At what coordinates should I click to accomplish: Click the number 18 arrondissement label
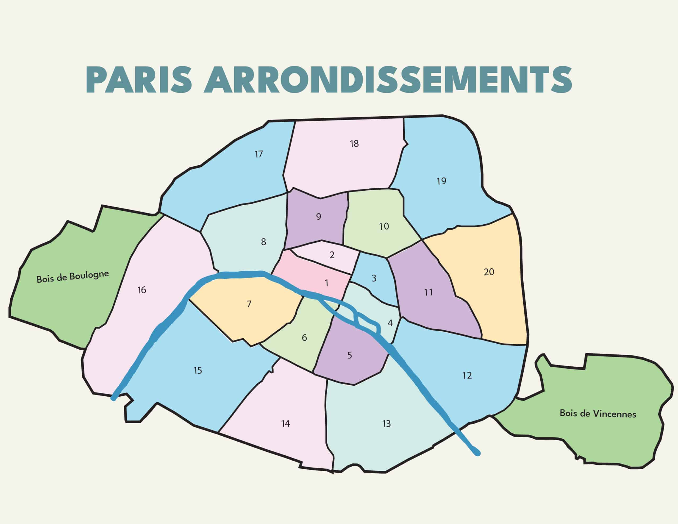click(x=354, y=144)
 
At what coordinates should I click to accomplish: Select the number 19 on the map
click(x=441, y=181)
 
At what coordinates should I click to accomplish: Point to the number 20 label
click(x=489, y=272)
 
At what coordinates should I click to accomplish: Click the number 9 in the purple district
click(x=319, y=217)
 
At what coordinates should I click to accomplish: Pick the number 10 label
click(x=384, y=227)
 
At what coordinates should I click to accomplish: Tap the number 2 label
click(x=332, y=255)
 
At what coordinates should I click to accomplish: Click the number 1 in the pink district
click(x=326, y=283)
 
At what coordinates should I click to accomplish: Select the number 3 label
click(x=374, y=278)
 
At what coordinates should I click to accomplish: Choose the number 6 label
click(x=304, y=338)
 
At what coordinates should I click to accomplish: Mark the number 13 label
click(x=386, y=424)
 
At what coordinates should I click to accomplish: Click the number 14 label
click(x=285, y=424)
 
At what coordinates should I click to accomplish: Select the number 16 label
click(x=142, y=290)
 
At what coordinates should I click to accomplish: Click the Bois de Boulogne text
click(x=73, y=277)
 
